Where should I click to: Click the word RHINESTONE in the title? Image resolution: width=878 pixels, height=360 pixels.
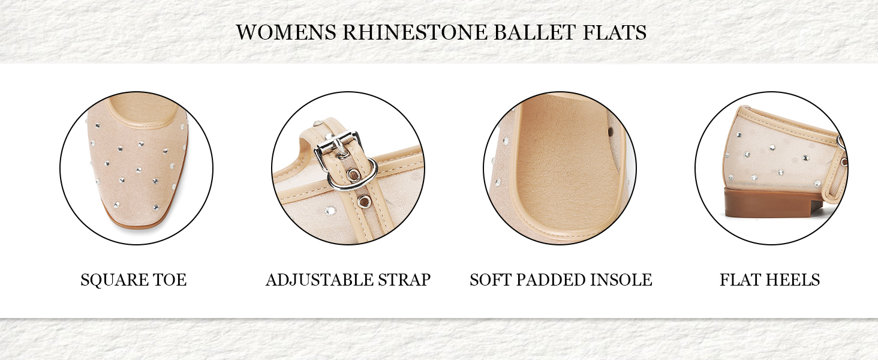pos(414,32)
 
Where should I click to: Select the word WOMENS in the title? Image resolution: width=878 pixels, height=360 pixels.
pos(286,32)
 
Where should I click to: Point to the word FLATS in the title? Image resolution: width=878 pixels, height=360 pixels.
pos(615,32)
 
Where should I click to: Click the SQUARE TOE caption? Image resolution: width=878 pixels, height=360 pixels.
pos(134,280)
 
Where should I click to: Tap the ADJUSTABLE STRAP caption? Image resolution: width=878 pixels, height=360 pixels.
pos(348,280)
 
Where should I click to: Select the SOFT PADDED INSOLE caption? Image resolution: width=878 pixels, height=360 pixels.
pos(561,280)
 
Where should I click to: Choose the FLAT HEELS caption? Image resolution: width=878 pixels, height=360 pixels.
pos(770,280)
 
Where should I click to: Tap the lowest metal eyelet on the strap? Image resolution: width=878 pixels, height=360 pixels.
pos(365,202)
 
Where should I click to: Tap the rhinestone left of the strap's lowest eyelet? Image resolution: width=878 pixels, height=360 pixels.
pos(330,211)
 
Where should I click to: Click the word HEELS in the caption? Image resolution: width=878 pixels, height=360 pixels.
pos(793,280)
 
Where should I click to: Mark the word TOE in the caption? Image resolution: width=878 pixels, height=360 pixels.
pos(170,280)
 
